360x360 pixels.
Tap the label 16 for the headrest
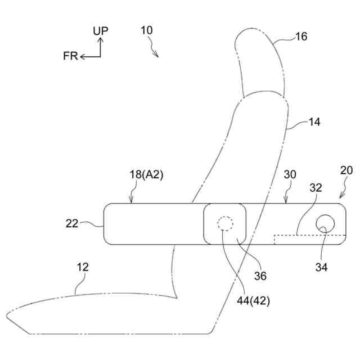pos(301,37)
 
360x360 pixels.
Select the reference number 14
pos(314,121)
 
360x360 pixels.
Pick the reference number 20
pos(346,170)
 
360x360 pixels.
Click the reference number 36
pos(260,276)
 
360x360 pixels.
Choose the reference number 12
pos(83,268)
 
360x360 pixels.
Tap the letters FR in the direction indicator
pos(70,57)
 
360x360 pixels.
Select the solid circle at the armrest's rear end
pos(325,224)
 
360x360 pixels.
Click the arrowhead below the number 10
pos(158,56)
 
